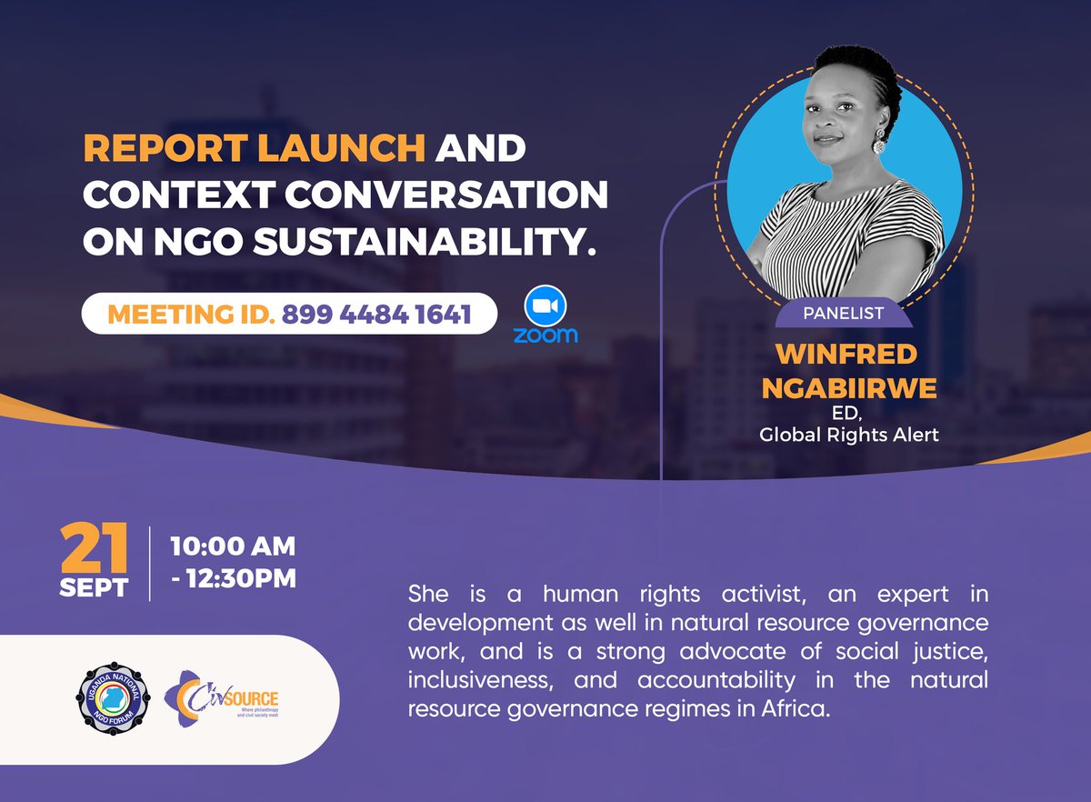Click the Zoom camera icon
(x=545, y=307)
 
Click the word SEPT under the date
(x=94, y=586)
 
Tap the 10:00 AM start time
(x=233, y=546)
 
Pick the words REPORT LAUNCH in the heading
(x=255, y=149)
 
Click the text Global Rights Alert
(x=847, y=435)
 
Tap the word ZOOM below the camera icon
(x=545, y=336)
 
